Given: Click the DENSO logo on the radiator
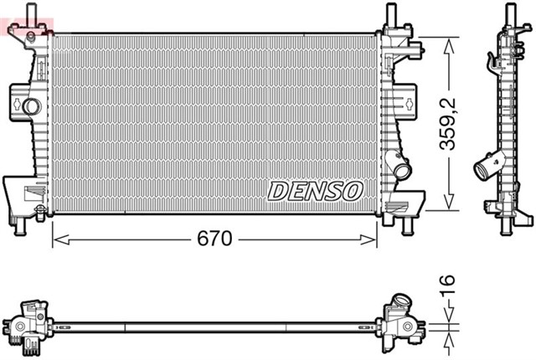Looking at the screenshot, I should [x=315, y=192].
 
